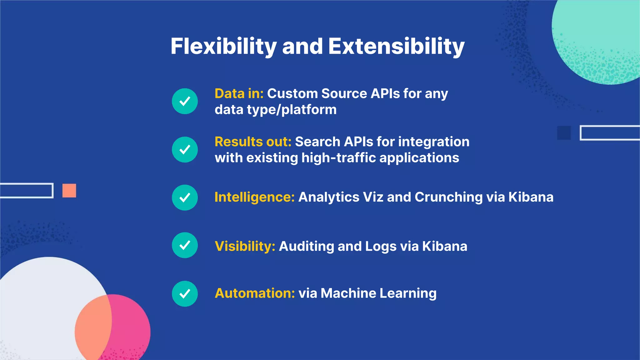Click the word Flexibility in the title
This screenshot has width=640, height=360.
223,46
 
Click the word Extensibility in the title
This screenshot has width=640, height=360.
396,46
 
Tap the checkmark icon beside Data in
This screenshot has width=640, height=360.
185,101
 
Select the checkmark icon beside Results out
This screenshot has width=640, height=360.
185,150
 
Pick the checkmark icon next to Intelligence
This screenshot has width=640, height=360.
185,197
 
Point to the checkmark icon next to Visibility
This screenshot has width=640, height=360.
185,245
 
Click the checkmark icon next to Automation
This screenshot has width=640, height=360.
185,294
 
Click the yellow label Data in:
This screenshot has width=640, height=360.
239,94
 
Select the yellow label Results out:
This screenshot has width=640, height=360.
253,142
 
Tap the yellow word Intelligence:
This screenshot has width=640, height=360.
254,197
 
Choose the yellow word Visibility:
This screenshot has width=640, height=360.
245,246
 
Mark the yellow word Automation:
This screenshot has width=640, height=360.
255,293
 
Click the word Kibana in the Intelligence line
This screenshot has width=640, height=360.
531,197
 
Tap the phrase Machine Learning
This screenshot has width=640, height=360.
378,293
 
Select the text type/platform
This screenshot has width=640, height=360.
292,110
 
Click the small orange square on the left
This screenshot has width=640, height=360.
69,191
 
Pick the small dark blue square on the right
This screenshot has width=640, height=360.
564,133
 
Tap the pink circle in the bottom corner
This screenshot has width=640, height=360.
131,325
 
